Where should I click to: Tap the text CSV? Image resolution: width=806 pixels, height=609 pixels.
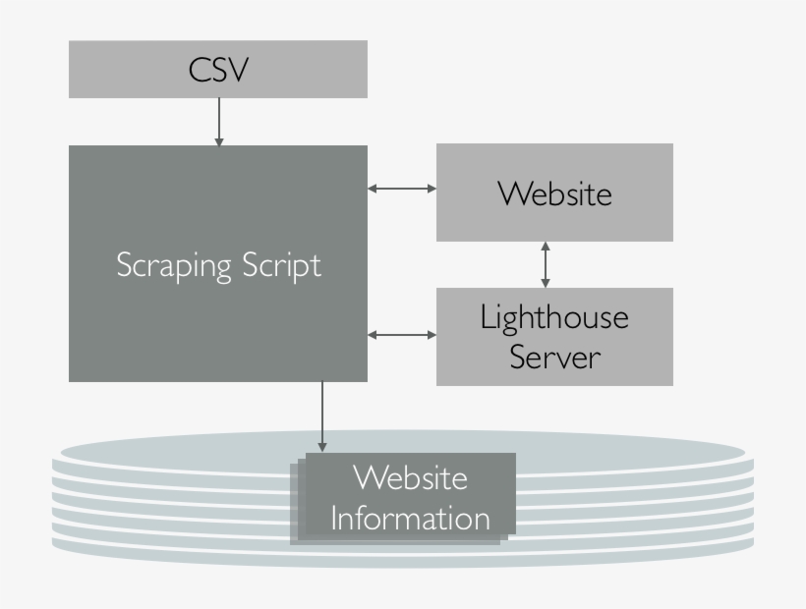point(218,70)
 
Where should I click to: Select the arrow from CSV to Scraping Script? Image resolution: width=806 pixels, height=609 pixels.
point(218,121)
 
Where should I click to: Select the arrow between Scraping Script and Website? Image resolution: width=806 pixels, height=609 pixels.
point(402,188)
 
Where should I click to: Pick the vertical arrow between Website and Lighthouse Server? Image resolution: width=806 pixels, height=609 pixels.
point(546,264)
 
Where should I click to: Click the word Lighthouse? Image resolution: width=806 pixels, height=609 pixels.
point(554,317)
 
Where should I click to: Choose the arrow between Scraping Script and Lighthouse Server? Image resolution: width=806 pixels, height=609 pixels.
point(402,335)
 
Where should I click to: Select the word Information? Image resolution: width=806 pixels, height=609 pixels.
point(409,517)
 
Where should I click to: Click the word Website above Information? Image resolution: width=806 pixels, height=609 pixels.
point(409,478)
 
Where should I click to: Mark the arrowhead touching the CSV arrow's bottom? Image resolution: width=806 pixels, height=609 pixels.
point(218,141)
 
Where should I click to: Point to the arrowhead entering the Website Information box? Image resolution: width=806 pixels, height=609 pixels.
point(321,448)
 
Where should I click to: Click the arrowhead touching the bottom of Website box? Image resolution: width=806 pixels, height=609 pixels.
point(546,246)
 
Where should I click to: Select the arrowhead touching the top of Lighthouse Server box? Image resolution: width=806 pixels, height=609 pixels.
point(546,283)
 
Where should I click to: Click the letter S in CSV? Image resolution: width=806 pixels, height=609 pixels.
point(218,70)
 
